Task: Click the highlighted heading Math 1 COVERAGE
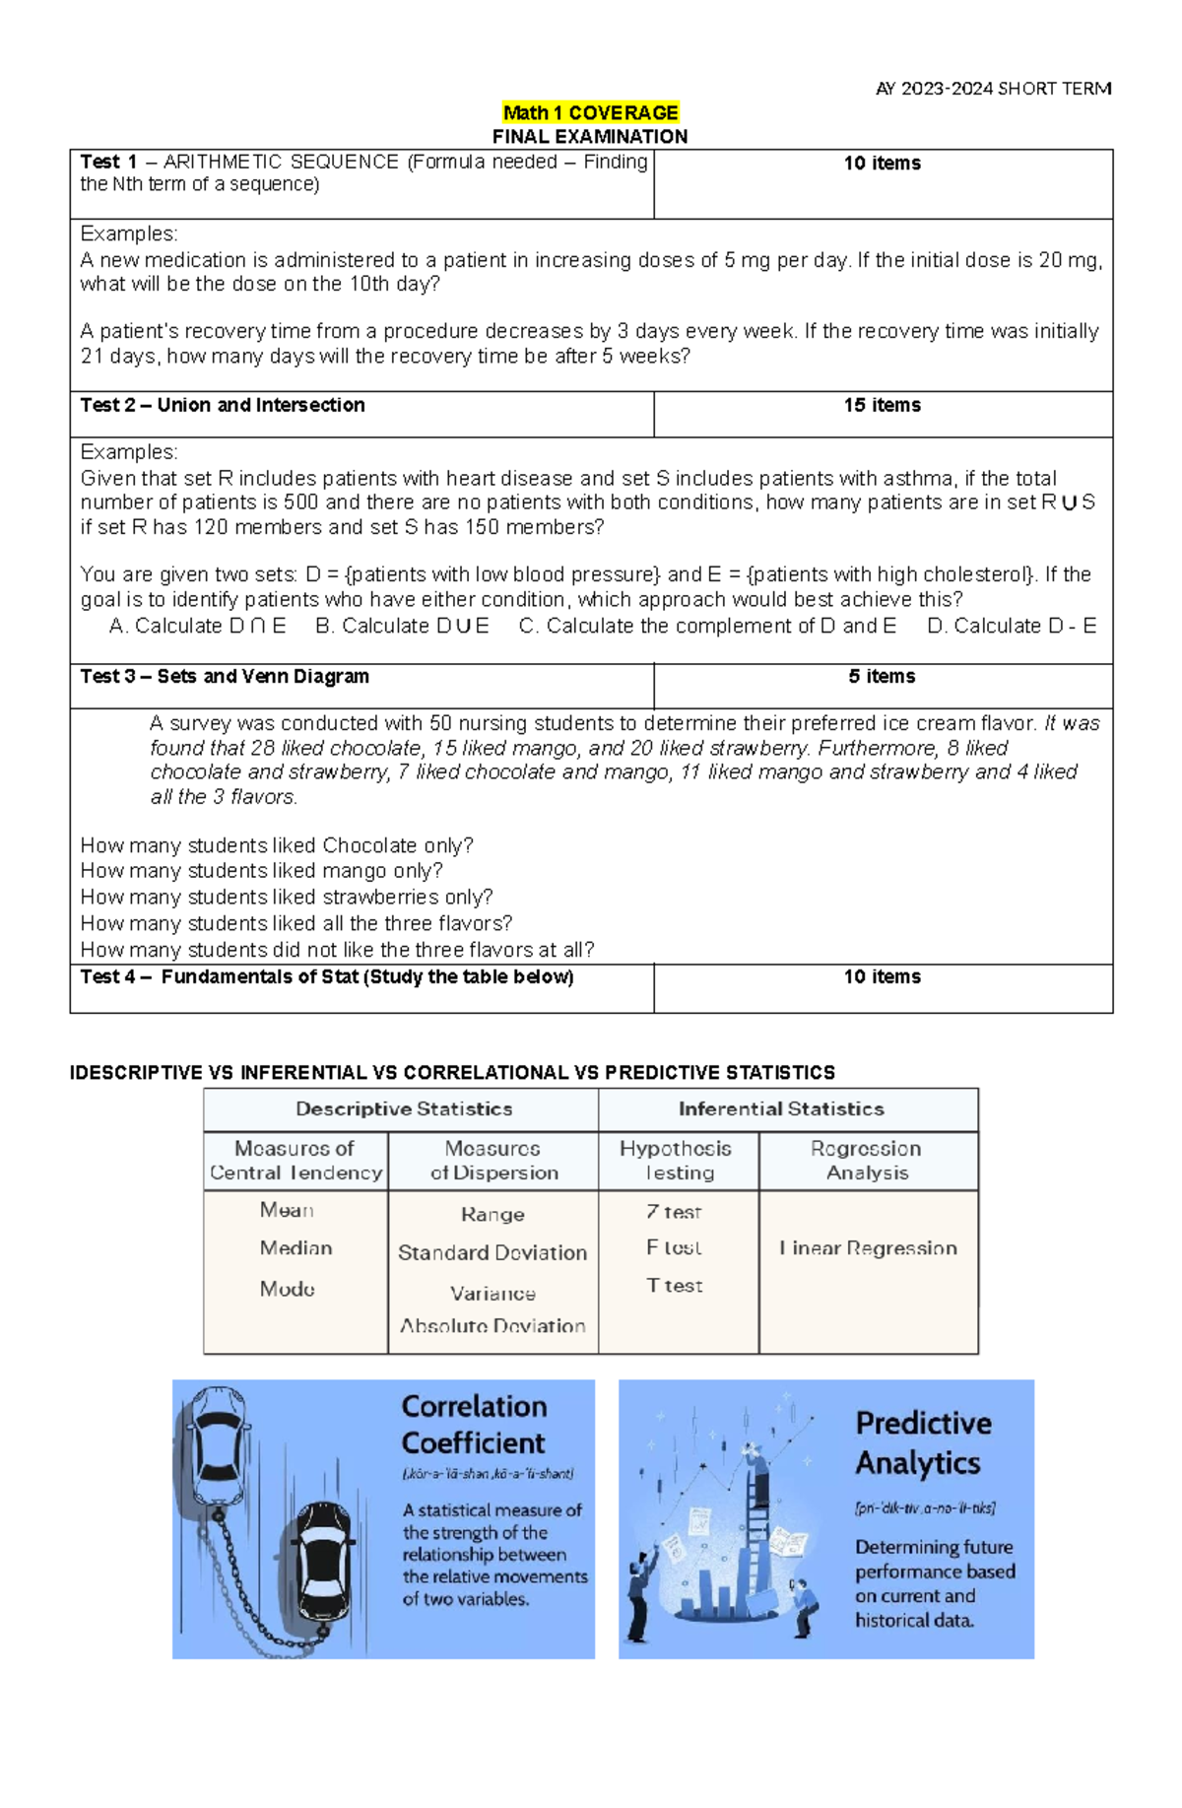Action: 590,112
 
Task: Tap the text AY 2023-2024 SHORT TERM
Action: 993,89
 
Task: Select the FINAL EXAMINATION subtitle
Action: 590,136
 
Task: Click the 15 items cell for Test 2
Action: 882,405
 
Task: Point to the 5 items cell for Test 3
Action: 882,676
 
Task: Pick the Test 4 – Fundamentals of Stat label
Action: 326,976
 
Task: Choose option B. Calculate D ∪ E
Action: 402,626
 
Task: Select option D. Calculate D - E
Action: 1012,626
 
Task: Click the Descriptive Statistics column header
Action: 404,1108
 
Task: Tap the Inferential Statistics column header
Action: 781,1108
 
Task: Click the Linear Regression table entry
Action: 868,1248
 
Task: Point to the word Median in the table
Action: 295,1248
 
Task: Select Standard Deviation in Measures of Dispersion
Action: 492,1252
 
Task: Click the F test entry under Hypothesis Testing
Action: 674,1247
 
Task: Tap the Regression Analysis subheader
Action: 867,1160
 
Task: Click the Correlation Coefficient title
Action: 474,1424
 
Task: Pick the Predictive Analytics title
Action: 923,1442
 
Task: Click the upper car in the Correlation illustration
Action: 219,1445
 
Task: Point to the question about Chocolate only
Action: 277,845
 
